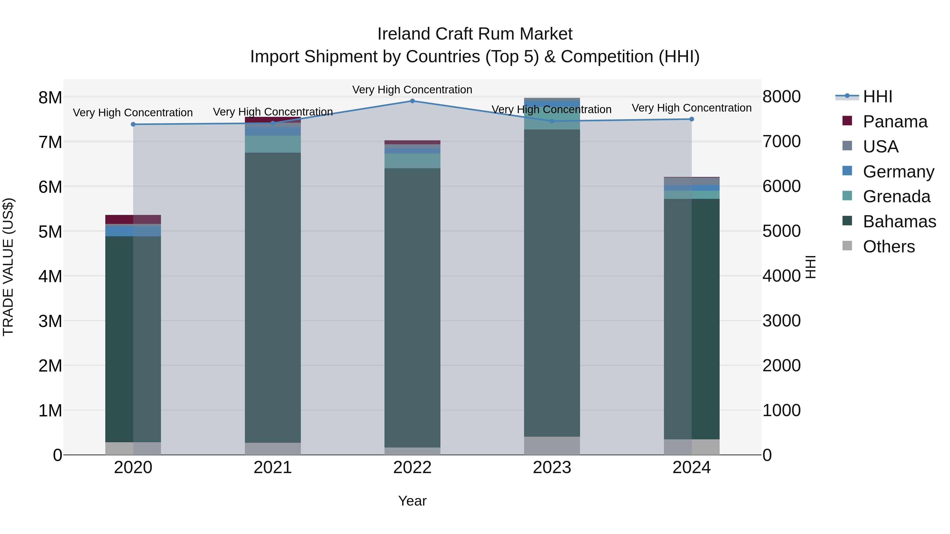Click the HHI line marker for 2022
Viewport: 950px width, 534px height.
412,101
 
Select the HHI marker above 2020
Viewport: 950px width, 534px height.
133,124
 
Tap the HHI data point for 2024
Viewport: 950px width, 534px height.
691,119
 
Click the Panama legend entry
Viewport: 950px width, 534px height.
895,122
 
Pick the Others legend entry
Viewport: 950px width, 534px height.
889,247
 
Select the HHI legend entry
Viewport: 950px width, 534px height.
877,97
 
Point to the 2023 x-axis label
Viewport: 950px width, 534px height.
552,468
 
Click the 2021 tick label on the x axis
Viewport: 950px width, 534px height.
273,468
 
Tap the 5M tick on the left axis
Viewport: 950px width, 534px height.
50,232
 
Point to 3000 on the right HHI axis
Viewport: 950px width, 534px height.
781,321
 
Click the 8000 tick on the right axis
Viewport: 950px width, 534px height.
781,97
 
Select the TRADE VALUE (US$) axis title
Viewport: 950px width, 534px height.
8,267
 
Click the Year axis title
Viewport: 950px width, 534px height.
412,501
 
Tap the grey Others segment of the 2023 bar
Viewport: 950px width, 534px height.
552,446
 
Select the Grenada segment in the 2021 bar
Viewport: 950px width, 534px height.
273,144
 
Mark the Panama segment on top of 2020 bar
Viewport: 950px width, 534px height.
133,219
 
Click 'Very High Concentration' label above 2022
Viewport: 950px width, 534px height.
412,90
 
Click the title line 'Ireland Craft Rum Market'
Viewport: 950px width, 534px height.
475,34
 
